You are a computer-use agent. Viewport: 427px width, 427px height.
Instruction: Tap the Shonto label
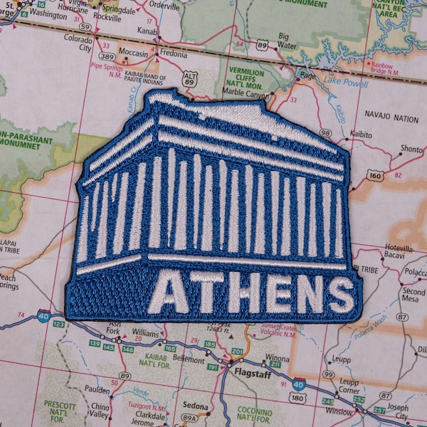pos(411,149)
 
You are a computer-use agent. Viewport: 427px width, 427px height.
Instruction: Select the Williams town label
pos(145,332)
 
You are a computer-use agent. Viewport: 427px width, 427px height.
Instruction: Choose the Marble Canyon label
pos(246,92)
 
